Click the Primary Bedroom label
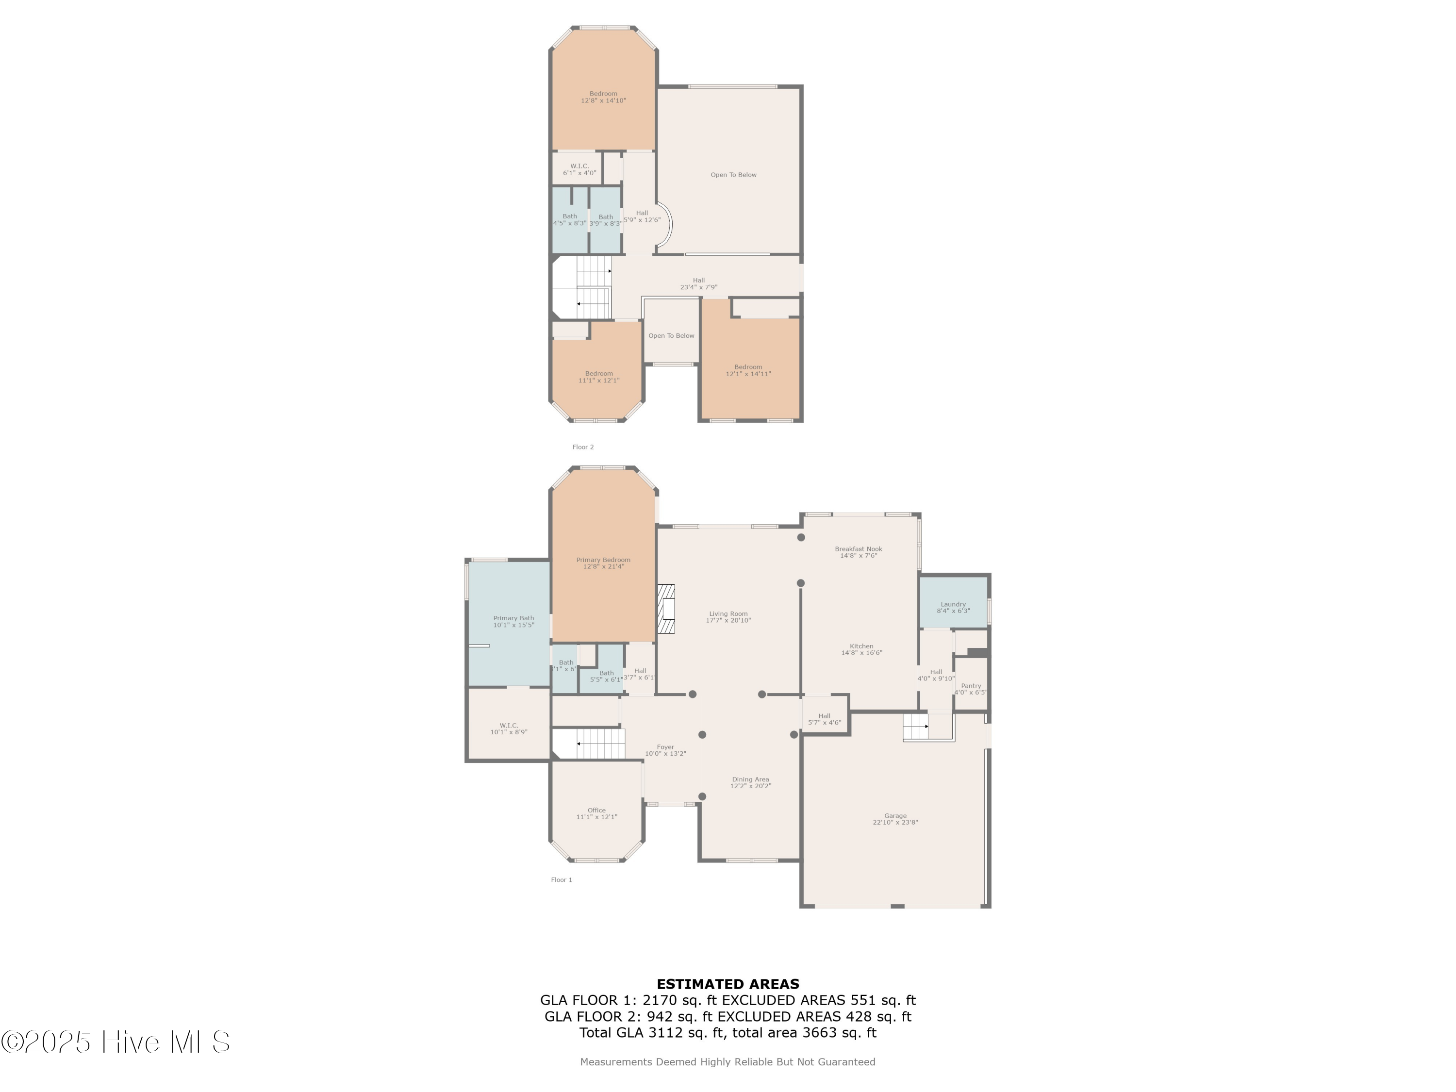(603, 563)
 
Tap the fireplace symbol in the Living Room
(666, 609)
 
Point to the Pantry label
(970, 689)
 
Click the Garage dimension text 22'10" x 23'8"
(895, 822)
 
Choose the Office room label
(596, 813)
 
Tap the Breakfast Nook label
(859, 552)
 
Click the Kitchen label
(861, 649)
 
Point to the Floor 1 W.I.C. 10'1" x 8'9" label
(509, 728)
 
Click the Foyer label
(665, 750)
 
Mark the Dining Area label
(750, 782)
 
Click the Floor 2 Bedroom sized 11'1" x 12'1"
(598, 377)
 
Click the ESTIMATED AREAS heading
(728, 984)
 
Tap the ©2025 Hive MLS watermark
(115, 1042)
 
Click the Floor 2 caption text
(582, 447)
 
